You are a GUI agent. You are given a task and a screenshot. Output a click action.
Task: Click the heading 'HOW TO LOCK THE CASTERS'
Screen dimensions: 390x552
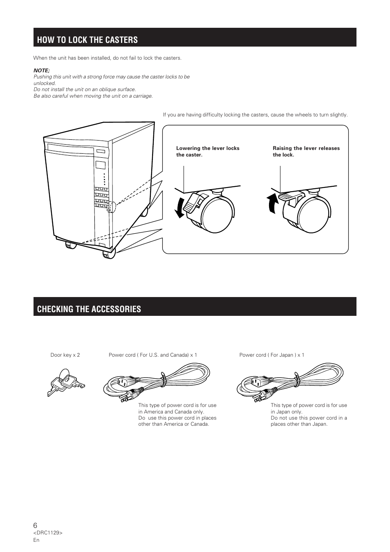pos(87,40)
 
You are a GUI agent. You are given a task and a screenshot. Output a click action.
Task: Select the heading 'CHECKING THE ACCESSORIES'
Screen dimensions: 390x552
pos(89,309)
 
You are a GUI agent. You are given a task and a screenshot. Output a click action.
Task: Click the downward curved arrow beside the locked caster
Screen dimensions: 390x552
pos(179,208)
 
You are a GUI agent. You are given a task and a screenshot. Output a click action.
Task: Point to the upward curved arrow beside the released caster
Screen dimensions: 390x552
pos(271,204)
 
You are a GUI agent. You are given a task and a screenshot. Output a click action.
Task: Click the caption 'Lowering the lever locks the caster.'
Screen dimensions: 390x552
pos(208,152)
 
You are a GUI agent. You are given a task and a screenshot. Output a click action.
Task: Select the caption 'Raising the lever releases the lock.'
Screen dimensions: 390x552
pos(306,152)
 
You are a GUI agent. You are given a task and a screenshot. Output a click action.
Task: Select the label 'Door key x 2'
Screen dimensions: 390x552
pos(65,355)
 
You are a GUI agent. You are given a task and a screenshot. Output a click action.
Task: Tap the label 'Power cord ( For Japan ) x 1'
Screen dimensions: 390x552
pos(271,355)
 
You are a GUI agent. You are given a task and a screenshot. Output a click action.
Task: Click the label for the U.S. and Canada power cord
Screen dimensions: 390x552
pos(152,355)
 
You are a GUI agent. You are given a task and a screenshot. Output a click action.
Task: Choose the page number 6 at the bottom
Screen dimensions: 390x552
pos(35,525)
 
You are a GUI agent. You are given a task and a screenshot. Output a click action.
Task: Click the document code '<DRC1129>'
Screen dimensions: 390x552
pos(47,533)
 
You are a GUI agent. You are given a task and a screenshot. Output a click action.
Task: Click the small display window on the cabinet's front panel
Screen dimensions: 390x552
pos(100,165)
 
